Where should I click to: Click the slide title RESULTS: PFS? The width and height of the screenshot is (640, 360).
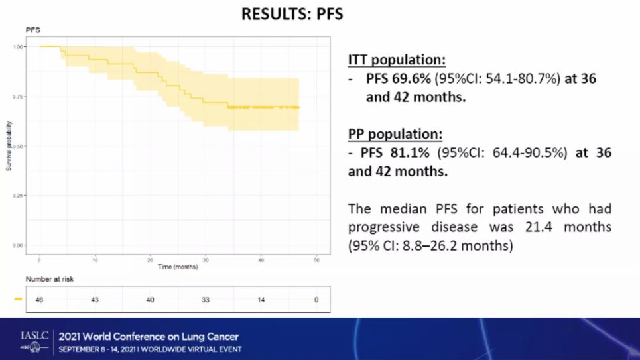pos(292,13)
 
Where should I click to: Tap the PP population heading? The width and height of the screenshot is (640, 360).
pos(395,134)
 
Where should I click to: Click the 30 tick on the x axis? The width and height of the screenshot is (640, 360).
pos(206,259)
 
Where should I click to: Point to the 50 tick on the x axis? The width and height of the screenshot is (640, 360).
pos(316,259)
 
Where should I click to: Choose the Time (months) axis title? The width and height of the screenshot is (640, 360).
pos(177,267)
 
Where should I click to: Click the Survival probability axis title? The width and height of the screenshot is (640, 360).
pos(9,146)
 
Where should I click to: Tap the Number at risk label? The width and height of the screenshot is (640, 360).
pos(50,279)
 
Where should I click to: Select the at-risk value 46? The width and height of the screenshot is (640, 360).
pos(39,300)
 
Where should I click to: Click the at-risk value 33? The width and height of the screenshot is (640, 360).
pos(206,300)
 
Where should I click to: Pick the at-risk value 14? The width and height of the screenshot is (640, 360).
pos(261,300)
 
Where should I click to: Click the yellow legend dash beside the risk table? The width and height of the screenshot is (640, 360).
pos(18,300)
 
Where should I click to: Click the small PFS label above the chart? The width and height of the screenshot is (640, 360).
pos(32,30)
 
